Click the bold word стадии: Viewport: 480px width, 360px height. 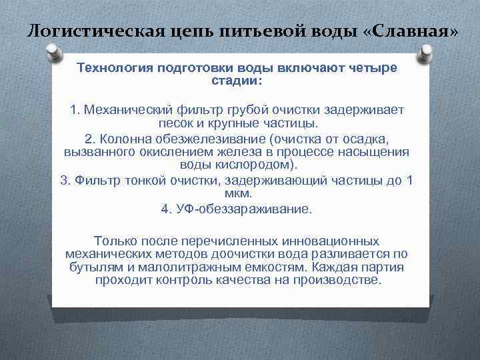click(x=237, y=80)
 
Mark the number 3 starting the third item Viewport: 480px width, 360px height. click(x=64, y=180)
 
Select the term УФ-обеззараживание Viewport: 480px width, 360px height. click(x=244, y=209)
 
